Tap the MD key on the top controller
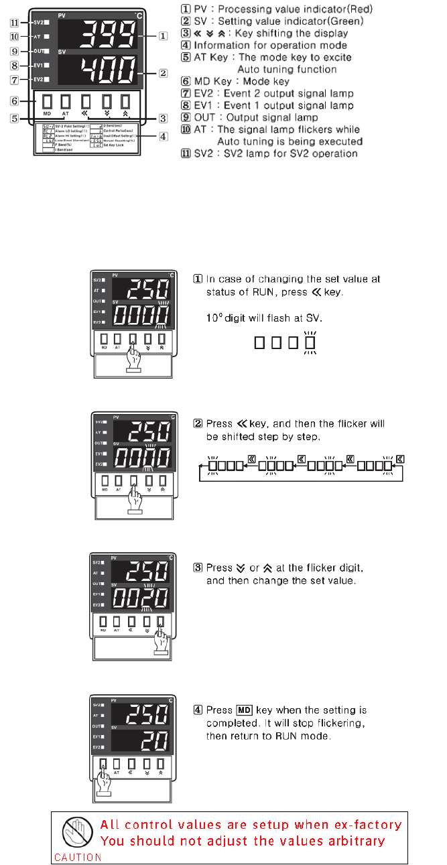46,102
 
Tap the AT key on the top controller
66,102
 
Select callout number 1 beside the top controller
163,36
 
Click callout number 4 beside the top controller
164,137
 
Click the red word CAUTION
78,857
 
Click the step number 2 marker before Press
198,423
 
